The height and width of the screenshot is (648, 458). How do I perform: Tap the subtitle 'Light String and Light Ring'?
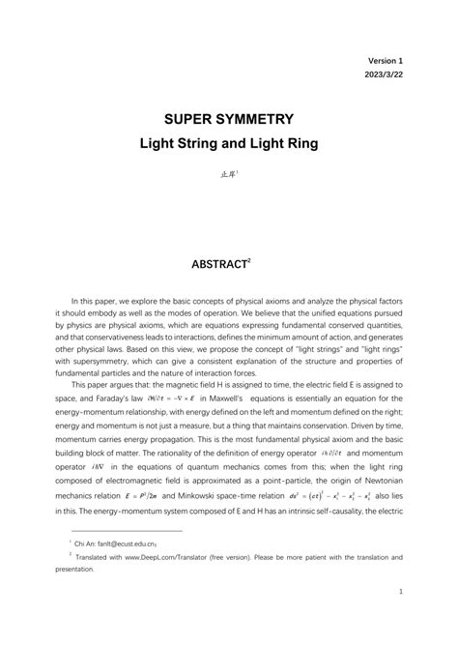(x=229, y=144)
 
